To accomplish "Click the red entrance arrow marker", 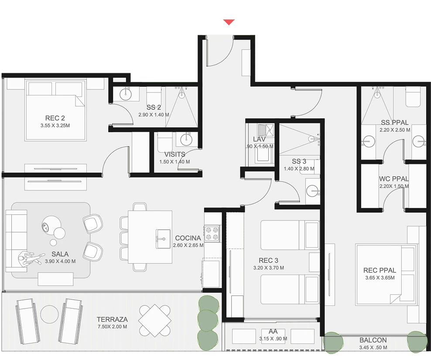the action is [x=229, y=22].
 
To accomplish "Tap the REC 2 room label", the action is [x=55, y=118].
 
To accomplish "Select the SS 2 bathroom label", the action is [x=154, y=107].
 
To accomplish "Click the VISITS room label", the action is [x=175, y=154].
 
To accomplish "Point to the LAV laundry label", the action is [x=259, y=139].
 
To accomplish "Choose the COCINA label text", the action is [x=188, y=238].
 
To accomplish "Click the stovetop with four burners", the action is [x=212, y=234].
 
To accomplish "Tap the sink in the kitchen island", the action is [x=163, y=239].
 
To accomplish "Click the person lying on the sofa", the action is [x=30, y=258].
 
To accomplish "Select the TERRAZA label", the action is [x=112, y=319].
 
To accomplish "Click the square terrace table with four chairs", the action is [x=154, y=320].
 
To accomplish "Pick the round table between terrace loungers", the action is [x=49, y=314].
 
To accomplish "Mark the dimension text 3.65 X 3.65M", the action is [x=380, y=278].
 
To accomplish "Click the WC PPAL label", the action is [x=394, y=179].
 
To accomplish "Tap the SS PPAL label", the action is [x=395, y=122].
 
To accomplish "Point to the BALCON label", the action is [x=373, y=340].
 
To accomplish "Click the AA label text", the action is [x=273, y=331].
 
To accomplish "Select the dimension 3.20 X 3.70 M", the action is [x=269, y=268].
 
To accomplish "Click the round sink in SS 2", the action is [x=126, y=95].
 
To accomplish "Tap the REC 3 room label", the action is [x=269, y=260].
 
